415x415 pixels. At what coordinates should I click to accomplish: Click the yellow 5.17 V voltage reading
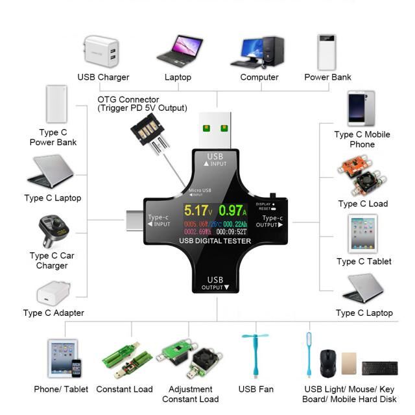coord(197,211)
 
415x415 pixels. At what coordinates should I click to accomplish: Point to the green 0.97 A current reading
coord(233,211)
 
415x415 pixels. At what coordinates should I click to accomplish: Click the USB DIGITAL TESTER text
coord(215,241)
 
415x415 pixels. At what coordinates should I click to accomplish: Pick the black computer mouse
coord(327,362)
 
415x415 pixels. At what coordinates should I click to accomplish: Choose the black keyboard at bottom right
coord(379,368)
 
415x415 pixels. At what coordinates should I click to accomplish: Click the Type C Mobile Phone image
coord(361,109)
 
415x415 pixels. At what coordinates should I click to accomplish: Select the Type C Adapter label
coord(54,313)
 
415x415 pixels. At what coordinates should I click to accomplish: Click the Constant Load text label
coord(124,389)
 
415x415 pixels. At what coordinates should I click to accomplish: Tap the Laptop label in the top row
coord(178,77)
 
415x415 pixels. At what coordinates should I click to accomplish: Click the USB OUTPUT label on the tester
coord(215,283)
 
